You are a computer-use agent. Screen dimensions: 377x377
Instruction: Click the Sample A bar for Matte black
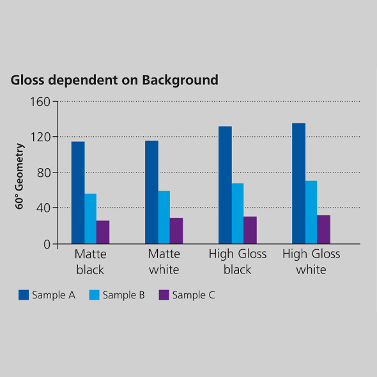point(78,192)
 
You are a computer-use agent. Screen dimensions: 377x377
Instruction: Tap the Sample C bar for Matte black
point(103,232)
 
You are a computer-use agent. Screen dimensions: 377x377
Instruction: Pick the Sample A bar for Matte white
point(151,192)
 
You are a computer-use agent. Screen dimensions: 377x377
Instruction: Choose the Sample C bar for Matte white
point(176,231)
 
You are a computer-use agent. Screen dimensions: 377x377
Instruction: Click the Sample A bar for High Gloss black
point(225,185)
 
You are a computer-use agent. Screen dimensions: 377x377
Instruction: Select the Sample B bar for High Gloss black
point(237,213)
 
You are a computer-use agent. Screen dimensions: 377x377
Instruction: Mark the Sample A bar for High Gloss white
point(298,183)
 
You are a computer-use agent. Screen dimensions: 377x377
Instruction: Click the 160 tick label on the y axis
point(40,102)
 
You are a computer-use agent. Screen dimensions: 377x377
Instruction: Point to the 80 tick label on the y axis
point(43,173)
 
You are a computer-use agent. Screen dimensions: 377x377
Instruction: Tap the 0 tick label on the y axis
point(46,244)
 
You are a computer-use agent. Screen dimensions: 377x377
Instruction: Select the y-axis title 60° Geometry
point(20,176)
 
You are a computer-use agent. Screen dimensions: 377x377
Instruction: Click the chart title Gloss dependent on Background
point(114,80)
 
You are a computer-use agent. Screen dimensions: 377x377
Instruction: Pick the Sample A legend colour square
point(24,295)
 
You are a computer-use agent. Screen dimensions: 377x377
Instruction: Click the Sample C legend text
point(194,295)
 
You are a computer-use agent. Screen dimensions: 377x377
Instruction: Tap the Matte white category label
point(164,261)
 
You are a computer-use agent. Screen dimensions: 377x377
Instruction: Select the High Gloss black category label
point(238,261)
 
